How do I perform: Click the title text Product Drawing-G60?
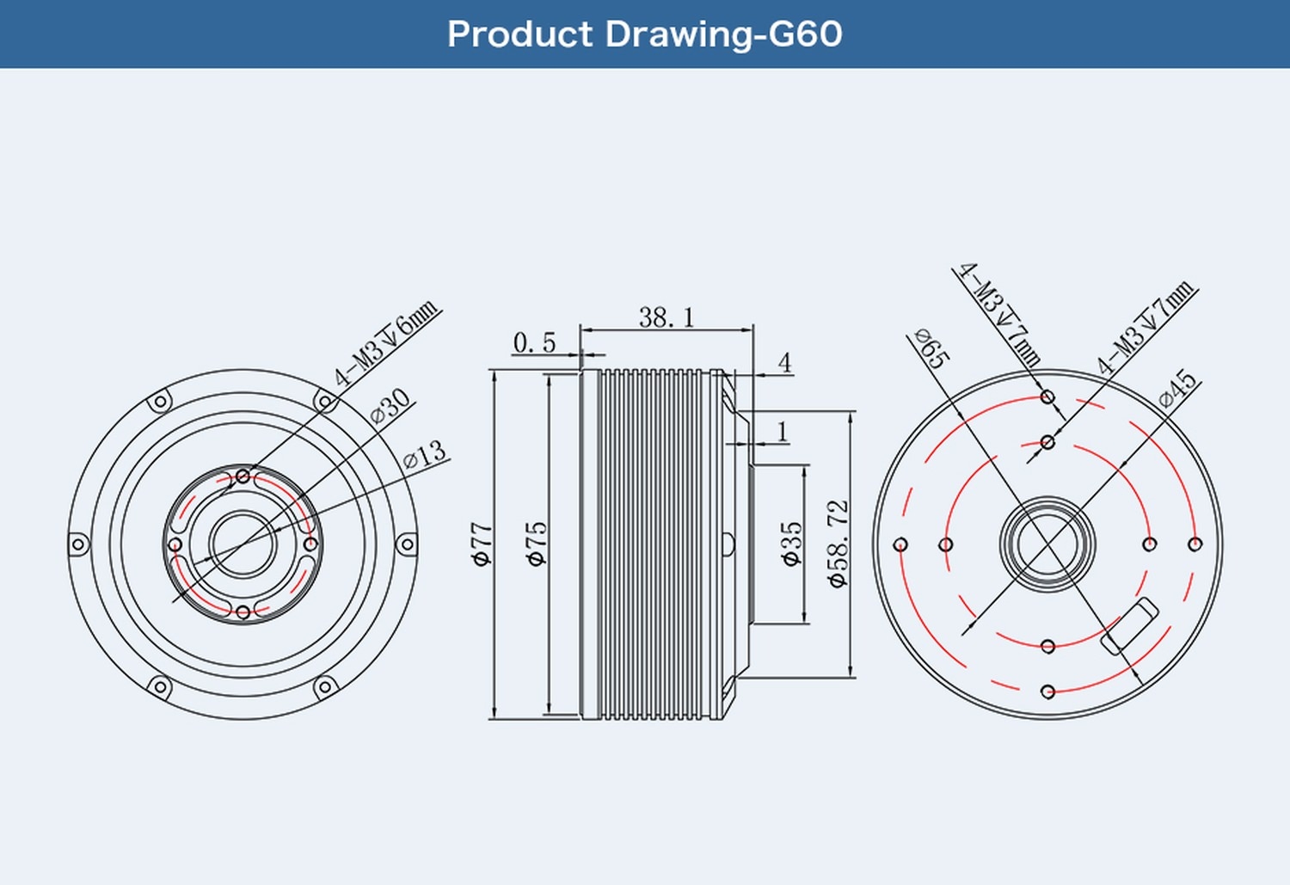click(x=644, y=34)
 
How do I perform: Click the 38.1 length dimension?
click(x=666, y=317)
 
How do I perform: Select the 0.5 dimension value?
click(x=534, y=343)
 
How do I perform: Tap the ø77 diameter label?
click(x=482, y=544)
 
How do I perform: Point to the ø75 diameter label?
click(x=536, y=544)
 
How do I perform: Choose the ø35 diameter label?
click(x=791, y=544)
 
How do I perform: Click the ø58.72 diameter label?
click(x=838, y=544)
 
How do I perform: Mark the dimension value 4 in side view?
click(x=784, y=363)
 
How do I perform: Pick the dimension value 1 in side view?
click(x=782, y=431)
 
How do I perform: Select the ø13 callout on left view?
click(x=425, y=454)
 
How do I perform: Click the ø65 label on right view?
click(x=931, y=347)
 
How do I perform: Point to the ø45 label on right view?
click(x=1177, y=389)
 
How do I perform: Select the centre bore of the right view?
click(x=1047, y=544)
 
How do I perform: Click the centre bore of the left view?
click(x=243, y=544)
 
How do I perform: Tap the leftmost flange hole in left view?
click(x=78, y=544)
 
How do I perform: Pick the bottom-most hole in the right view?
click(x=1047, y=691)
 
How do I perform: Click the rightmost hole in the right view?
click(x=1195, y=544)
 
